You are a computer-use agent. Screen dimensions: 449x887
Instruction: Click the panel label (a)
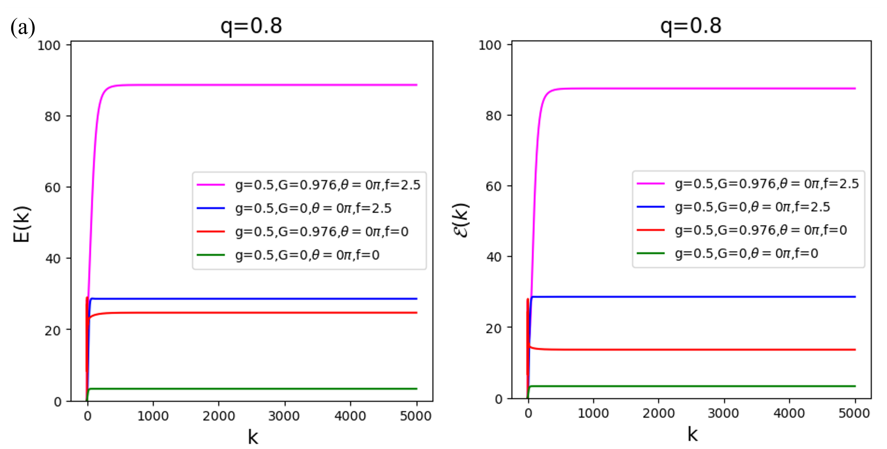[x=23, y=28]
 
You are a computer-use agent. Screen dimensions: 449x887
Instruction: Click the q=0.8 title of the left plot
[x=251, y=26]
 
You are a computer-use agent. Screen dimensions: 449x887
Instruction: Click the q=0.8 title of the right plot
[x=690, y=26]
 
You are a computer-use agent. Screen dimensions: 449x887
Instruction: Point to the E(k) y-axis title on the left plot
[x=22, y=224]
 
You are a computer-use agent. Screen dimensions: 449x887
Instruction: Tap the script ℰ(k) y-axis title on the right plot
[x=460, y=221]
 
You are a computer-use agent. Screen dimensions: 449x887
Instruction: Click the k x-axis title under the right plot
[x=692, y=434]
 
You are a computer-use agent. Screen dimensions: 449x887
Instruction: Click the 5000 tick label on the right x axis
[x=854, y=413]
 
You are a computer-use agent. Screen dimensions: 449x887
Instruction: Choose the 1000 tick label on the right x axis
[x=593, y=413]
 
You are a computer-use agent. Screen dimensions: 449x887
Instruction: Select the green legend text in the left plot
[x=307, y=255]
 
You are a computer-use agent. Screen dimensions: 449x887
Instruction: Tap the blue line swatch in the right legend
[x=651, y=207]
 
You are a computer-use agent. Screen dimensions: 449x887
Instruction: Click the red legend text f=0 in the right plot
[x=761, y=230]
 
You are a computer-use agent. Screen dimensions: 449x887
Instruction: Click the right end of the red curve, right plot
[x=855, y=350]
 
